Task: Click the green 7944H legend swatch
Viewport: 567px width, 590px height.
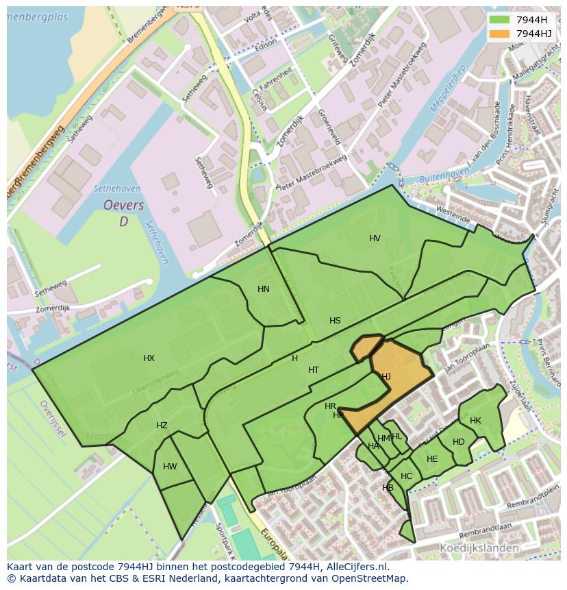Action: (x=499, y=19)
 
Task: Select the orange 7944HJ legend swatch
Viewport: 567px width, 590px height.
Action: (x=499, y=34)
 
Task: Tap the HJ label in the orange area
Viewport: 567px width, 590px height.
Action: (x=386, y=376)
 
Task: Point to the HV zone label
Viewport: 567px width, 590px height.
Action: (x=375, y=238)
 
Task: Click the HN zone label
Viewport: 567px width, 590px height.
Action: (x=264, y=289)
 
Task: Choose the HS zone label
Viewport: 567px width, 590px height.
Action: (x=335, y=321)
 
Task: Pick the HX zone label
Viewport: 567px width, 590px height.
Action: (x=149, y=358)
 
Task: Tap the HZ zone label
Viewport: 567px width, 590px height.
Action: (x=162, y=426)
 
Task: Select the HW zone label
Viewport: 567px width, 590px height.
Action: (x=170, y=467)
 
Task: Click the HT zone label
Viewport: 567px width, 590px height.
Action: (x=314, y=370)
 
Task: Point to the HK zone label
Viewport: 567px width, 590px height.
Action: (x=475, y=421)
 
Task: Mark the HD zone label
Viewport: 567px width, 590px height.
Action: (x=459, y=442)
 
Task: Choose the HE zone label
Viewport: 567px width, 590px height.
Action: (x=432, y=459)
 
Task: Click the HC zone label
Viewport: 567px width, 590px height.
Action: (x=406, y=476)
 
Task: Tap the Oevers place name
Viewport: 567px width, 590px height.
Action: (x=123, y=206)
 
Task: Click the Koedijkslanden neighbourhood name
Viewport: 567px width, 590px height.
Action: (x=479, y=548)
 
